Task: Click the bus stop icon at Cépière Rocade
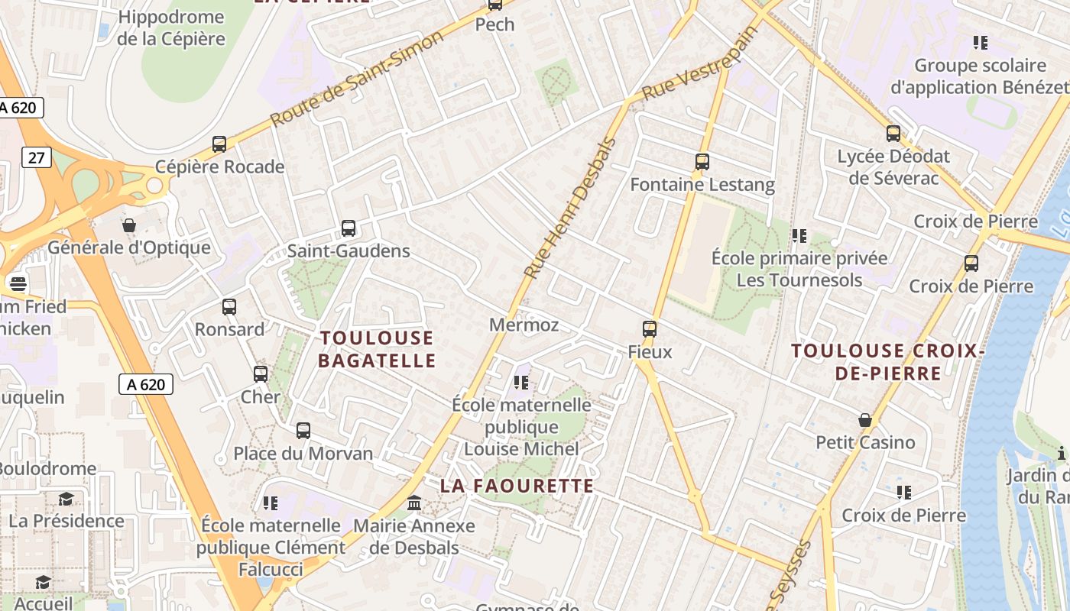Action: tap(219, 144)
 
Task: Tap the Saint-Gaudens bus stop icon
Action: tap(349, 228)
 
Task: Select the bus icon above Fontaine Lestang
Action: tap(702, 162)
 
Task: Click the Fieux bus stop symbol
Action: tap(650, 329)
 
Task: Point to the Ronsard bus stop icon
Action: tap(229, 307)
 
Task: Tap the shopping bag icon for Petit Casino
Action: tap(865, 420)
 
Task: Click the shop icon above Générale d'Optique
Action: tap(129, 225)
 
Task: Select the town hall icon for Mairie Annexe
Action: tap(414, 503)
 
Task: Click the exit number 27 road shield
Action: tap(36, 158)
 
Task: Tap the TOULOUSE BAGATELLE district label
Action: tap(377, 349)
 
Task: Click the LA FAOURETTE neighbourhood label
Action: tap(517, 486)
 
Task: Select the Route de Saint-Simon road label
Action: tap(356, 79)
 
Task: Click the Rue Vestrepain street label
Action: tap(699, 63)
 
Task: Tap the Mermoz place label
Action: tap(524, 325)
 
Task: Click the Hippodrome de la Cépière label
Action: tap(171, 27)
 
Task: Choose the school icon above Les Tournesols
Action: tap(799, 236)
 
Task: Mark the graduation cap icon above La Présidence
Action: tap(66, 499)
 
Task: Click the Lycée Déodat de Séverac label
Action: tap(893, 167)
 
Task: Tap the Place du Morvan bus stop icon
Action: tap(303, 431)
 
